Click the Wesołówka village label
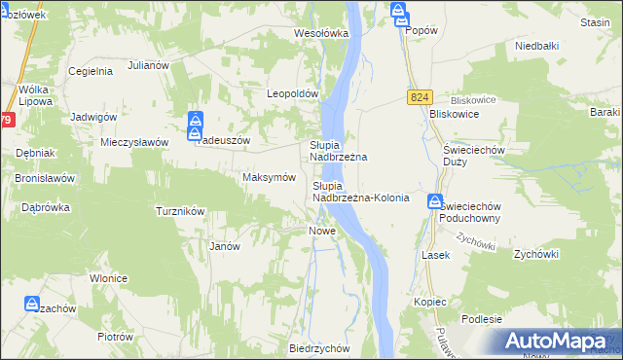pyautogui.click(x=321, y=33)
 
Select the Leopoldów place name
pyautogui.click(x=294, y=93)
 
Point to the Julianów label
pyautogui.click(x=148, y=67)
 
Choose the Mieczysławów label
pyautogui.click(x=135, y=141)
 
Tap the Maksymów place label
pyautogui.click(x=269, y=178)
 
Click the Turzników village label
pyautogui.click(x=179, y=210)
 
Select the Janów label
pyautogui.click(x=225, y=246)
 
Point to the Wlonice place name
pyautogui.click(x=109, y=278)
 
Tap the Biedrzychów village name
pyautogui.click(x=319, y=347)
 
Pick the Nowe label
pyautogui.click(x=322, y=231)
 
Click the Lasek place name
pyautogui.click(x=434, y=254)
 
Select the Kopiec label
pyautogui.click(x=429, y=302)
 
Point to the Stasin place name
pyautogui.click(x=594, y=21)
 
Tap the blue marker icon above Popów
pyautogui.click(x=400, y=12)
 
